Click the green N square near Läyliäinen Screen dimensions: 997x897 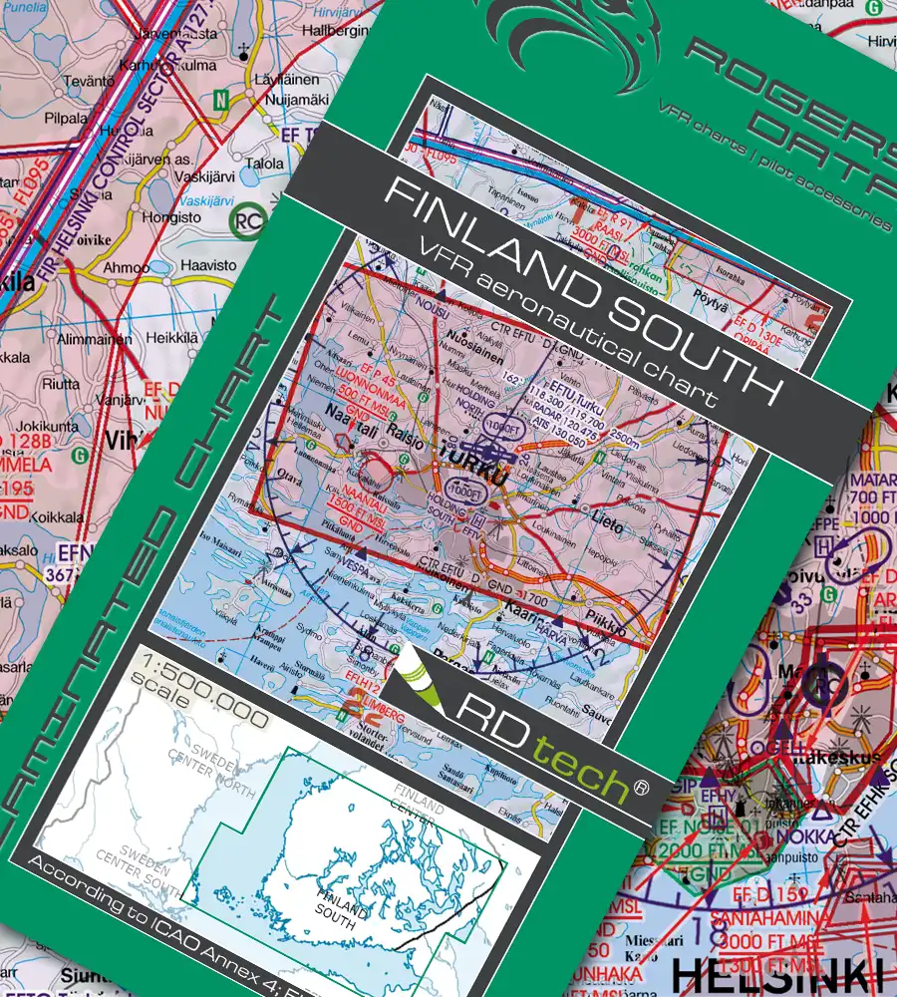coord(220,100)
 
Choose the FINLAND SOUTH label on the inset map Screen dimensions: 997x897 coord(341,902)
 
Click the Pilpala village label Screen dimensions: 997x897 coord(67,118)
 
